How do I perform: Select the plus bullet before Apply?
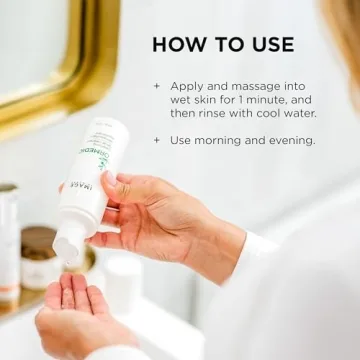[157, 86]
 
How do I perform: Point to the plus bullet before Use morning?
[157, 140]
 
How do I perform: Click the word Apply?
[188, 87]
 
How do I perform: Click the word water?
[299, 116]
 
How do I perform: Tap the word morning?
[225, 141]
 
